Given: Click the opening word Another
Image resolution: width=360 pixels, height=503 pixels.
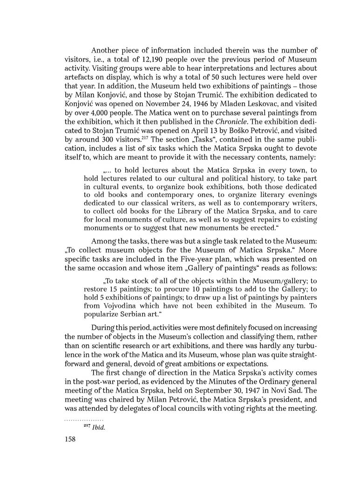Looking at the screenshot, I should pos(107,50).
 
